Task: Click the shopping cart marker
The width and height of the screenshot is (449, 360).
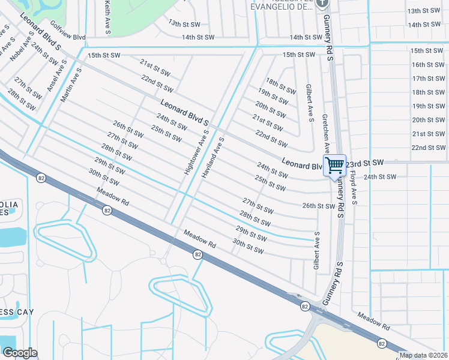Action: [335, 165]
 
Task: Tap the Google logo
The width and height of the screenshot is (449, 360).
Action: [19, 353]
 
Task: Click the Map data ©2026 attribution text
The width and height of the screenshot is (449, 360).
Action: [423, 355]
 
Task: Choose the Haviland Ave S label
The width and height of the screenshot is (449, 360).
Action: [212, 157]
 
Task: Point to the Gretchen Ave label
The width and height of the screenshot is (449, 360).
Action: [326, 133]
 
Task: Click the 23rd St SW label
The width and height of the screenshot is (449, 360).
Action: [364, 163]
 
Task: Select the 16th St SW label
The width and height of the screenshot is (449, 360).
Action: [427, 65]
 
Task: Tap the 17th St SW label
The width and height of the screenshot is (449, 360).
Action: [427, 79]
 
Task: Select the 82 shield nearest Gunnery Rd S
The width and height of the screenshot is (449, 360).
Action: [306, 307]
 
